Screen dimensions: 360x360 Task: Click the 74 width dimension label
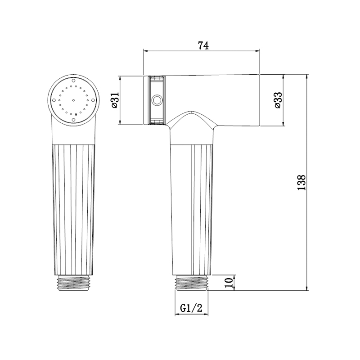(x=203, y=45)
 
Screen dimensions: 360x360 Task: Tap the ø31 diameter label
(x=115, y=100)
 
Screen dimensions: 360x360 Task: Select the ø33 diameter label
(x=278, y=100)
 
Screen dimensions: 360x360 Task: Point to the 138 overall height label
(x=301, y=183)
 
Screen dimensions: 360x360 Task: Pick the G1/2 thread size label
(x=191, y=308)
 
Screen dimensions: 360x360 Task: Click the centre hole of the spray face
(x=73, y=100)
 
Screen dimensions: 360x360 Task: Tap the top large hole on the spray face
(x=73, y=81)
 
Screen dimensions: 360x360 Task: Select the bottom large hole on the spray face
(x=73, y=119)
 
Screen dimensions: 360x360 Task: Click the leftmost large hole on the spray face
(x=54, y=100)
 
